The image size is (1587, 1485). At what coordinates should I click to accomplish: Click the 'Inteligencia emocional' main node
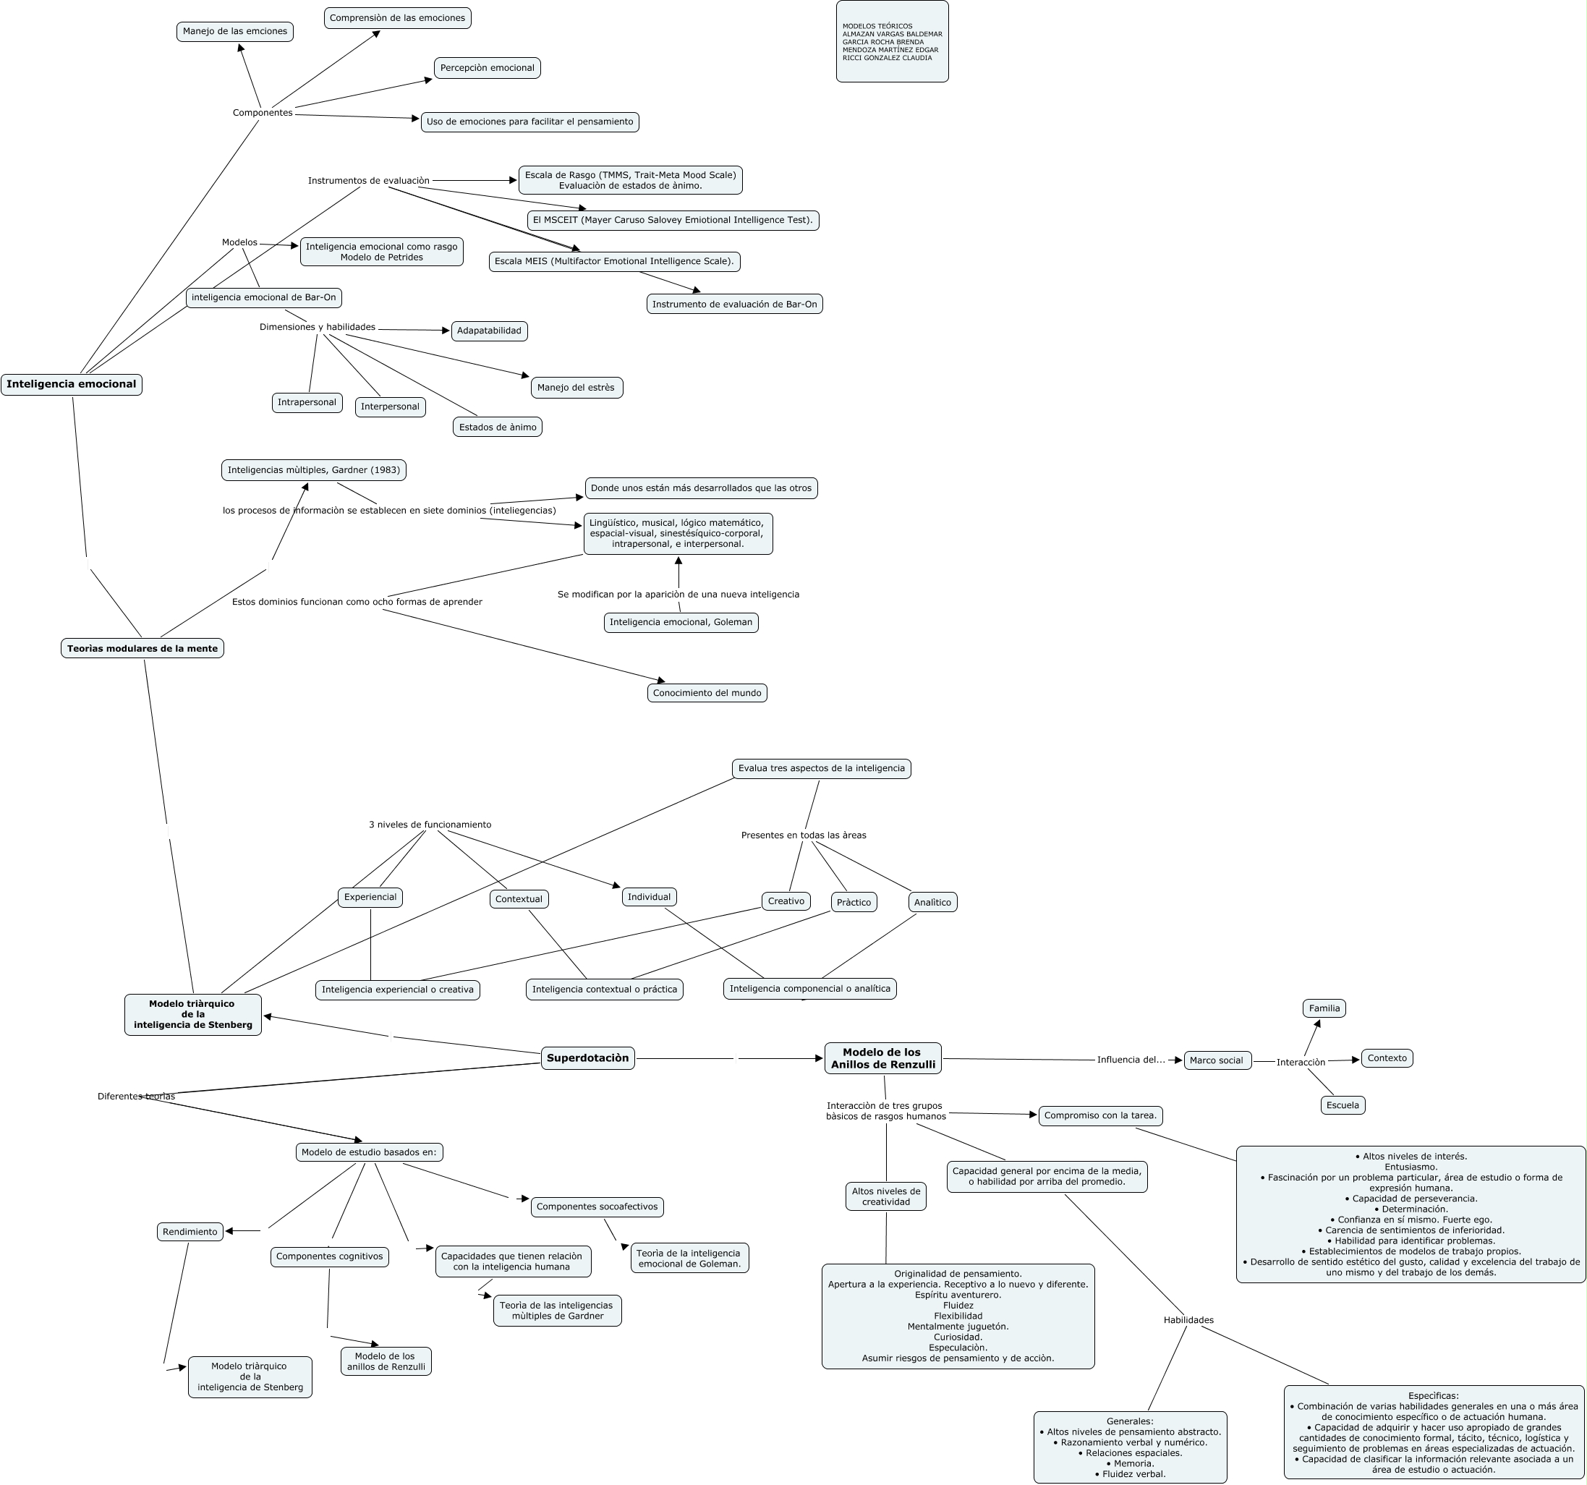[x=72, y=384]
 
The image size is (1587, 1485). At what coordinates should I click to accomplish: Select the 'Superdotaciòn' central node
[x=588, y=1058]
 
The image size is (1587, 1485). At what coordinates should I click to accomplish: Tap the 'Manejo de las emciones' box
[x=234, y=31]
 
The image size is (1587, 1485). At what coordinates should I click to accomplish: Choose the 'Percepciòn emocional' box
[x=487, y=68]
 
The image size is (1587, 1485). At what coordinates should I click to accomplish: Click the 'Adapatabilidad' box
[x=490, y=331]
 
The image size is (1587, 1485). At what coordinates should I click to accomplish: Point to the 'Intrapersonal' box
[x=307, y=402]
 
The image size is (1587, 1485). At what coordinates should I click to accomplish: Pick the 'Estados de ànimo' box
[x=498, y=427]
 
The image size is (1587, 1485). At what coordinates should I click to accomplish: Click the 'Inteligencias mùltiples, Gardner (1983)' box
[x=314, y=470]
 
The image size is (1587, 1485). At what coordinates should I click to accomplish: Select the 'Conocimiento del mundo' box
[x=707, y=693]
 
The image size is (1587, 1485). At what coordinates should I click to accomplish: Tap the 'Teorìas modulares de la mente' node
[x=142, y=648]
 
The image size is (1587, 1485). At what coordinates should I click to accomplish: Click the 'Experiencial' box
[x=370, y=898]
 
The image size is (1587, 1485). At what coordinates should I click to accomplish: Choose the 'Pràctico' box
[x=854, y=902]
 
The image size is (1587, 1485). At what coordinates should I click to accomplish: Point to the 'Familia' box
[x=1324, y=1008]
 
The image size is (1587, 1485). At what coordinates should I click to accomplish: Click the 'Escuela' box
[x=1343, y=1106]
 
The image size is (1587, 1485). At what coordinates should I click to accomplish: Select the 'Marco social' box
[x=1217, y=1060]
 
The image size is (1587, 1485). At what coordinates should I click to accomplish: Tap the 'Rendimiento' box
[x=190, y=1232]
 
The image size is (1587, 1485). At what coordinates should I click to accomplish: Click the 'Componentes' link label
[x=263, y=113]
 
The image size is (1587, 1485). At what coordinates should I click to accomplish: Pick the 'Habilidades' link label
[x=1188, y=1320]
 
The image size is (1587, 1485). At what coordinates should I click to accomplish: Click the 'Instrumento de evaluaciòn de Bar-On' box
[x=734, y=305]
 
